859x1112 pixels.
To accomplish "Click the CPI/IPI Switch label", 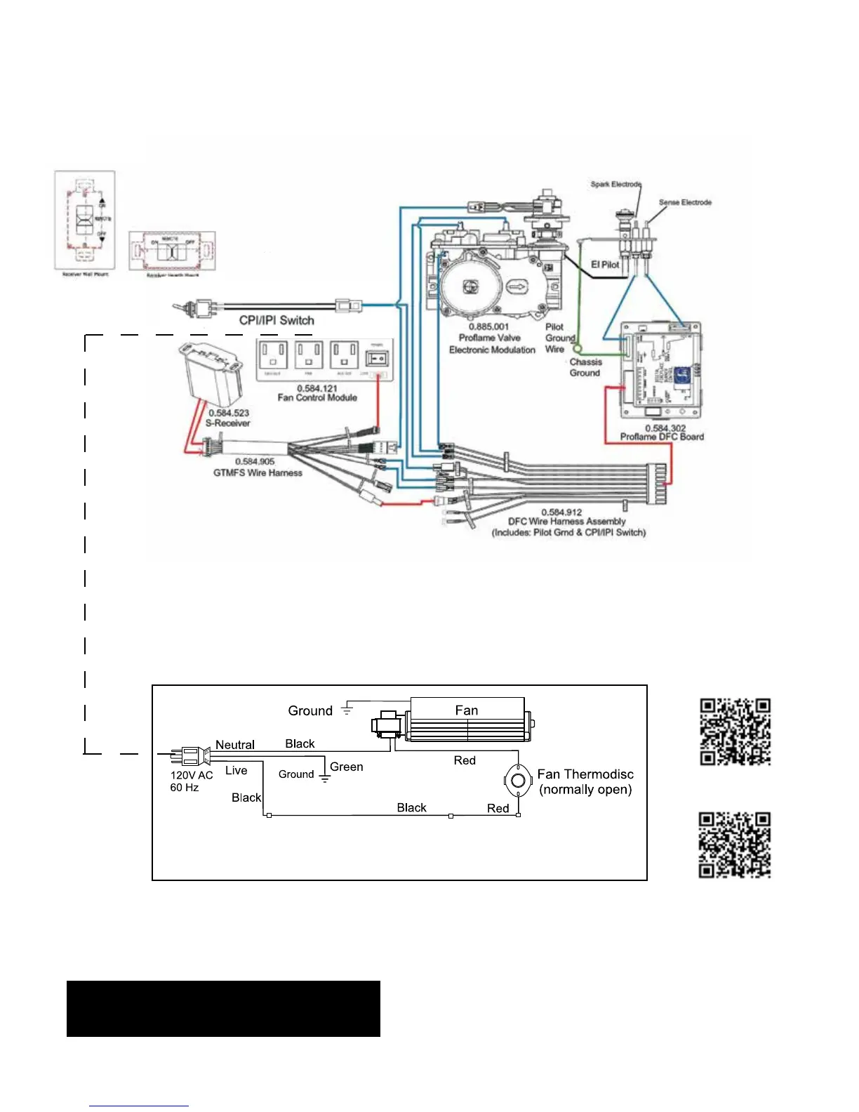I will click(x=277, y=320).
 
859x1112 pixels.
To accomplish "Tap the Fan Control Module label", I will click(x=317, y=397).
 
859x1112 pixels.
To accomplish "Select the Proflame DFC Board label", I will click(x=662, y=437).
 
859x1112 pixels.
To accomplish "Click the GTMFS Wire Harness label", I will click(x=258, y=472).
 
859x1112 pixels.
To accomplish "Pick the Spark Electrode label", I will click(x=615, y=184).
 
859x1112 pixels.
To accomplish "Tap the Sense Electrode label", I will click(x=685, y=202).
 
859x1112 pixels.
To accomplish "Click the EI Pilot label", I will click(x=605, y=265).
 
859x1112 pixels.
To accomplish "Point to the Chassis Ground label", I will click(x=585, y=367).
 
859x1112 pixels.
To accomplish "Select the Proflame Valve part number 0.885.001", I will click(x=488, y=326).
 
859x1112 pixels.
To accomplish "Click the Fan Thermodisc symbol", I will click(x=518, y=781).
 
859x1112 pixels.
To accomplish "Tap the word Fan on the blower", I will click(x=467, y=710).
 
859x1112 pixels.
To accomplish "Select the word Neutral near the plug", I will click(x=234, y=745).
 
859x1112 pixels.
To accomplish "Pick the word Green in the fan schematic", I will click(x=347, y=767).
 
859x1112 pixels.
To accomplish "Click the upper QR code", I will click(x=735, y=732).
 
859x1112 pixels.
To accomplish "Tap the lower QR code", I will click(x=735, y=845).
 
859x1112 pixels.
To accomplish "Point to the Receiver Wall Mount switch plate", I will click(x=85, y=220).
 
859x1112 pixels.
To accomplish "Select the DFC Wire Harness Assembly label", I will click(x=567, y=522).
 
